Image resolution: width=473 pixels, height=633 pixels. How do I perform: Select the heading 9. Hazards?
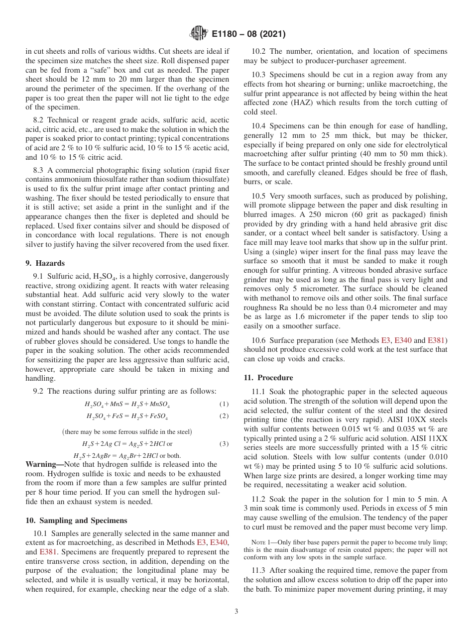45,263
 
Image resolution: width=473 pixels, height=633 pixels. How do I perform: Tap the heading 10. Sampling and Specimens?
76,521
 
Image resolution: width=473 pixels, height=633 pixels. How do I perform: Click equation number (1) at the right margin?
224,404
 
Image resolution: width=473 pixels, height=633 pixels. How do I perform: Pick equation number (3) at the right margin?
224,443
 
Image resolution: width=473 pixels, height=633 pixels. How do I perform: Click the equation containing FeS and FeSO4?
127,417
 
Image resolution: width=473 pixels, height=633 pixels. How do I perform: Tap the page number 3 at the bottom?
236,611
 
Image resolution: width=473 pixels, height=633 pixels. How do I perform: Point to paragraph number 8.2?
40,120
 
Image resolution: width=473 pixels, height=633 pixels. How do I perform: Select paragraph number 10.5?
258,196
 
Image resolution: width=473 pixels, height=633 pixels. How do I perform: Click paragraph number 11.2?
258,499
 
